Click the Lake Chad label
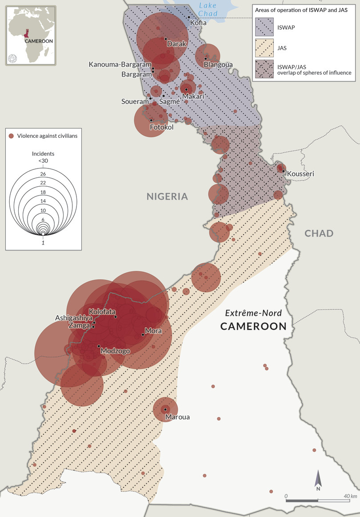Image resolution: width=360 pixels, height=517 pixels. click(x=208, y=9)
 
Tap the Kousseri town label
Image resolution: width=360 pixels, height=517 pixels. click(x=300, y=173)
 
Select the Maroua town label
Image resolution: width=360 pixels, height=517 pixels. click(x=177, y=417)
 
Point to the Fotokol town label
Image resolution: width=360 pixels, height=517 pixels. click(x=161, y=127)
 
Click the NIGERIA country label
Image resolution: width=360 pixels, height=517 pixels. click(x=168, y=196)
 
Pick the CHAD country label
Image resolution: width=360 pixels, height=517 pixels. click(x=319, y=233)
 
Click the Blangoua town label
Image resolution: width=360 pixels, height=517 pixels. click(x=218, y=65)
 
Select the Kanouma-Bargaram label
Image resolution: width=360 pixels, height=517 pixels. click(x=120, y=64)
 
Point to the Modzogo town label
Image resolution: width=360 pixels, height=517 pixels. click(x=115, y=351)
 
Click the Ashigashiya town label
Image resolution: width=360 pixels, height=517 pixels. click(x=74, y=318)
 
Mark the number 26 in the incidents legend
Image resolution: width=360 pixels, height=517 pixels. click(x=43, y=173)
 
